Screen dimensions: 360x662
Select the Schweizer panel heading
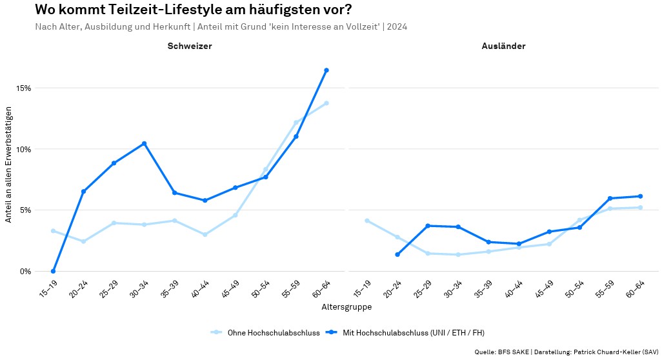tap(190, 46)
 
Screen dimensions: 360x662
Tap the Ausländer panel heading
tap(503, 46)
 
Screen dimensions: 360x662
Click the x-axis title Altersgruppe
tap(346, 307)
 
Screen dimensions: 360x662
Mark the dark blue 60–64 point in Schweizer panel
tap(326, 70)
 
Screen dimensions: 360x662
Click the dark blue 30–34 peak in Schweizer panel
tap(144, 143)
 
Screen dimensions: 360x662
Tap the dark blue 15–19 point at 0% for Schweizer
tap(53, 271)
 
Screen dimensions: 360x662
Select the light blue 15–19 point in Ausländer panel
tap(366, 221)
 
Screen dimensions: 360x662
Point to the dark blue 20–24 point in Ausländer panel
tap(397, 254)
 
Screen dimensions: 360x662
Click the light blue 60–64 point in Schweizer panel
tap(326, 103)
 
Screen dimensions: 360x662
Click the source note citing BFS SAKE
tap(566, 352)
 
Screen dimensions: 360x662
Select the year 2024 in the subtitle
tap(397, 26)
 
